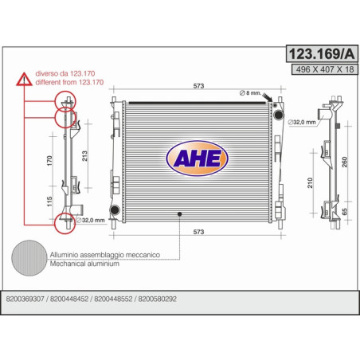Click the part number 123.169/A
(x=322, y=54)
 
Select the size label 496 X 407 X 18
(x=325, y=69)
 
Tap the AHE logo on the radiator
(x=198, y=158)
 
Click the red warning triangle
(x=24, y=79)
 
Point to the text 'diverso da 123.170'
(x=65, y=73)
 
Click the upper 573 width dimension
(x=198, y=86)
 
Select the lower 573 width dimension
(x=198, y=232)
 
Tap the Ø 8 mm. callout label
(x=250, y=93)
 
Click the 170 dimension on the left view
(x=49, y=161)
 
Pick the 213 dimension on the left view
(x=84, y=156)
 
